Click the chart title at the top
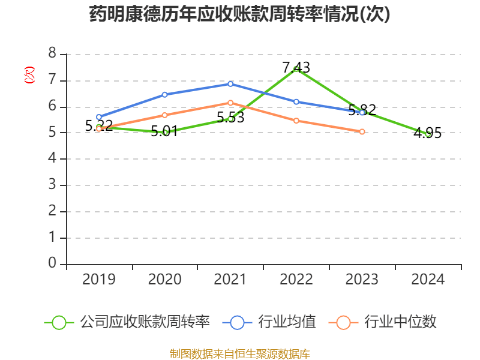tap(239, 14)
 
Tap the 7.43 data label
tap(296, 68)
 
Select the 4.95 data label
tap(428, 133)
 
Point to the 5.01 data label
tap(164, 131)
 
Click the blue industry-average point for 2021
tap(230, 83)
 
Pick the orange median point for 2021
tap(230, 103)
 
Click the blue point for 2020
tap(164, 94)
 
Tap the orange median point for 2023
tap(362, 131)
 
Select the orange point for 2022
tap(296, 121)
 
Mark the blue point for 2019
tap(99, 117)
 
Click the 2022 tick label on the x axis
tap(296, 279)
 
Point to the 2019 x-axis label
tap(99, 279)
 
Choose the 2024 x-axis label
tap(428, 279)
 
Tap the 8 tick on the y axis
tap(52, 54)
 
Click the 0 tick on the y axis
tap(52, 264)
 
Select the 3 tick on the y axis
tap(52, 185)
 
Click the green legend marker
tap(59, 322)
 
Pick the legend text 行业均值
tap(287, 322)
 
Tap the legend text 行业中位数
tap(400, 322)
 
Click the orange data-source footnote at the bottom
tap(239, 353)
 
